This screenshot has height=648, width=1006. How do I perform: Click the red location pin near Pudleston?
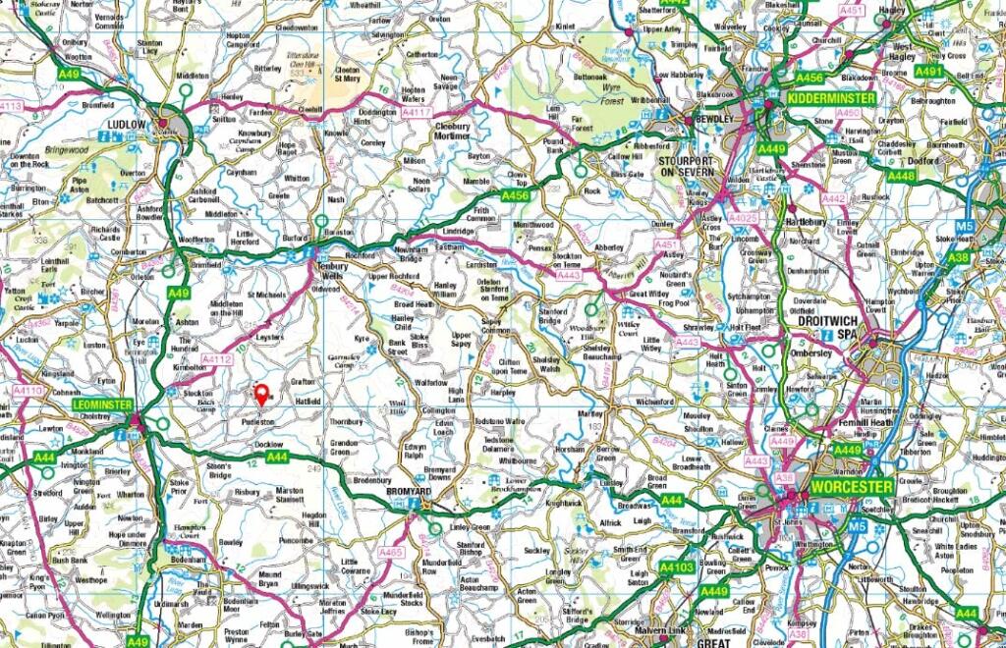(x=261, y=395)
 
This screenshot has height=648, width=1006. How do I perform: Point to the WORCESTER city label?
(x=851, y=486)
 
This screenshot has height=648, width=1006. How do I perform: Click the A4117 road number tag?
(x=417, y=113)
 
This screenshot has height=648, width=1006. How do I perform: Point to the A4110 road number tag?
(x=28, y=391)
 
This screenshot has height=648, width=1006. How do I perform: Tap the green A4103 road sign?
(x=677, y=567)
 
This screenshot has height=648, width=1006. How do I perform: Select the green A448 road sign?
(x=901, y=176)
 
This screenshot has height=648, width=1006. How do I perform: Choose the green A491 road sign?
(x=927, y=71)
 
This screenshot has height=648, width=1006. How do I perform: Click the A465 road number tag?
(x=391, y=552)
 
